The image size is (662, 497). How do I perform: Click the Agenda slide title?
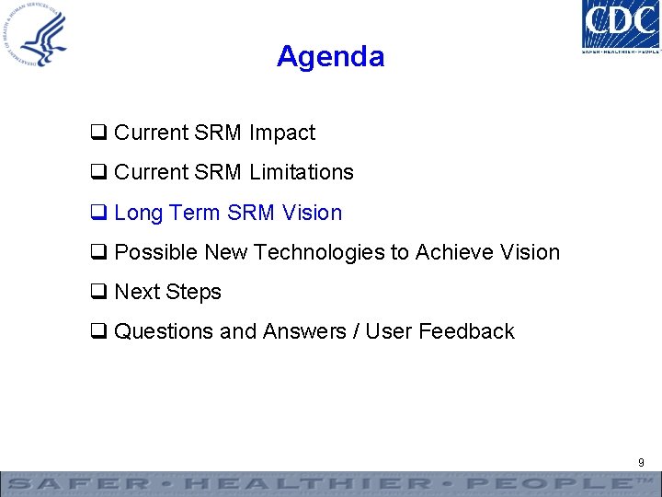click(330, 57)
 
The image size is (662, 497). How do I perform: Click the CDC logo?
click(621, 27)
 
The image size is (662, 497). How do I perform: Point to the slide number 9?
click(641, 462)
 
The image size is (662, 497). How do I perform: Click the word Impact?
click(281, 133)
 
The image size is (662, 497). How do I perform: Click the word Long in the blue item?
click(139, 214)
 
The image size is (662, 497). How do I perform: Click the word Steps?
click(193, 293)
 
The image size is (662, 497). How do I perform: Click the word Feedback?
click(466, 331)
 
